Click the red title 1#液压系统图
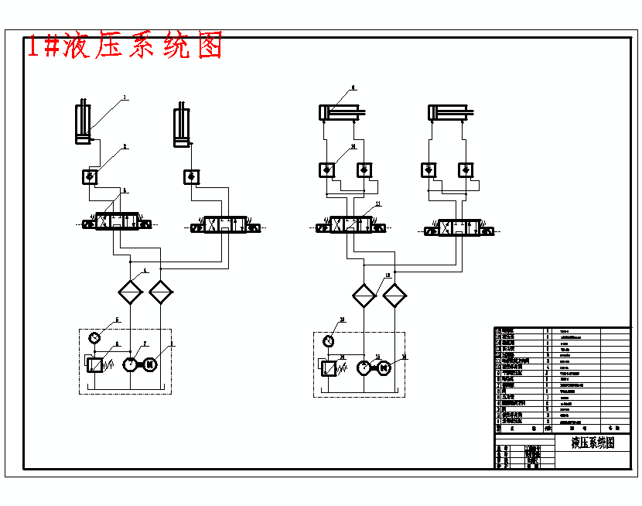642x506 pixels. (125, 46)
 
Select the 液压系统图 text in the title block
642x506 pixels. (592, 443)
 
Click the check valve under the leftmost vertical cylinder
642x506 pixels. (90, 177)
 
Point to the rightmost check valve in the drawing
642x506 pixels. (466, 169)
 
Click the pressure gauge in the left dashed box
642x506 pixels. (94, 337)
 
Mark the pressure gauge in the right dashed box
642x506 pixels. (329, 340)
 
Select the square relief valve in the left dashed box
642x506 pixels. (95, 364)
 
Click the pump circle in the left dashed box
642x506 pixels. (130, 364)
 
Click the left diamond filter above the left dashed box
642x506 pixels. (130, 292)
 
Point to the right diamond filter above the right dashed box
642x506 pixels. (394, 296)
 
